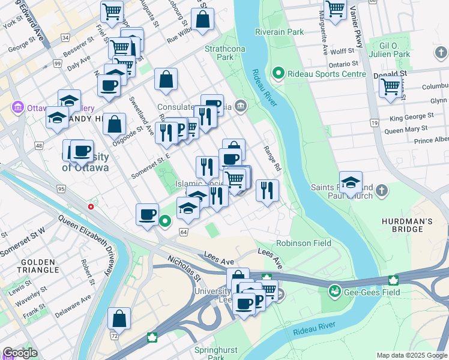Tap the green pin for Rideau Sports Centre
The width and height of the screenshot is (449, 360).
[278, 74]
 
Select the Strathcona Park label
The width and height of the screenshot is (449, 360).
[218, 53]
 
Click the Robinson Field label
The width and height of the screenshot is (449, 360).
[304, 244]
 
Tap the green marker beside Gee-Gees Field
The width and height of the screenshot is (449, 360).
[334, 292]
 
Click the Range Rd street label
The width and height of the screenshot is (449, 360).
[273, 157]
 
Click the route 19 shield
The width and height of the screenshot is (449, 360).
[375, 123]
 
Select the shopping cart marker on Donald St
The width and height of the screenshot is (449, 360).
[390, 88]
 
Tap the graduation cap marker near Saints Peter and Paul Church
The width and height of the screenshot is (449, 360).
[351, 182]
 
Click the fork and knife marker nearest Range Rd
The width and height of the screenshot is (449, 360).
[267, 190]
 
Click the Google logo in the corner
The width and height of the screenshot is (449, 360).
[20, 353]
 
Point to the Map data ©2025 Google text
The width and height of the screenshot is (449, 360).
[412, 355]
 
